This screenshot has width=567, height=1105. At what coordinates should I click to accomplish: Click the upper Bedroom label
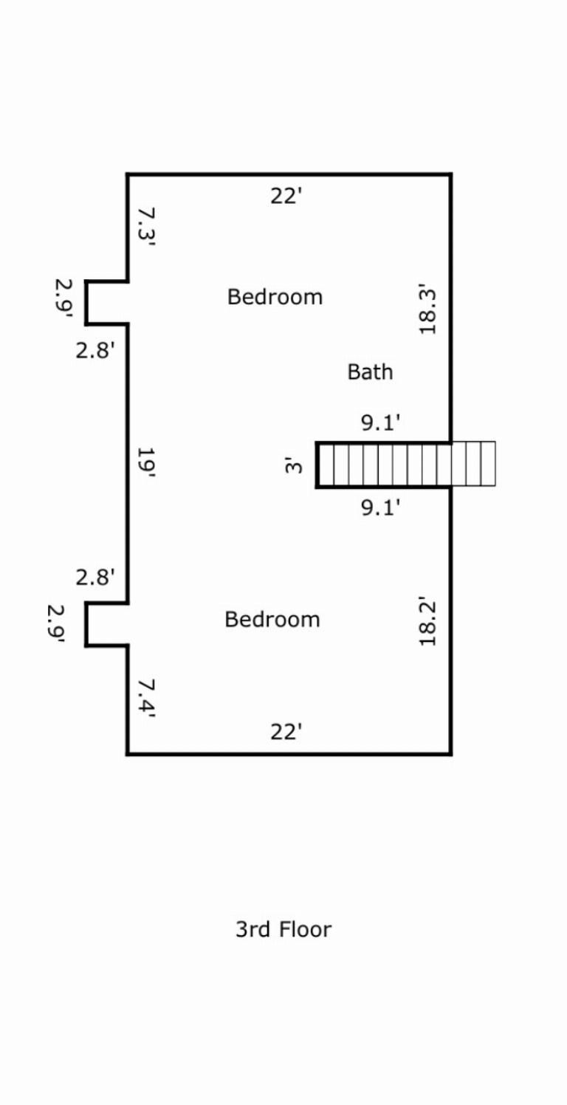click(x=275, y=297)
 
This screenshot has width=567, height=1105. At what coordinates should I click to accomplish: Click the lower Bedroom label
click(x=272, y=619)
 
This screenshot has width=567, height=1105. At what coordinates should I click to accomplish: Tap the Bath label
click(x=370, y=372)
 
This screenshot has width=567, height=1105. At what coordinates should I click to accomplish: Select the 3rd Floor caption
click(x=283, y=929)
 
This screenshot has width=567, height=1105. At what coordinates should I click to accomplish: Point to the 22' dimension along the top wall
click(x=286, y=196)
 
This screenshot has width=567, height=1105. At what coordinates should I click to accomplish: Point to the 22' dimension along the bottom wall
click(x=286, y=732)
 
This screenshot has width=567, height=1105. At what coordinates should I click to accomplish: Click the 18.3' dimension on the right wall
click(x=428, y=309)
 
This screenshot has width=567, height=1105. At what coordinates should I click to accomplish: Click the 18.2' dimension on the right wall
click(x=428, y=621)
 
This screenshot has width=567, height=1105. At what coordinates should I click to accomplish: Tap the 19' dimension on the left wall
click(x=145, y=464)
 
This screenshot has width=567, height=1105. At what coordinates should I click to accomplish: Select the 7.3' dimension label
click(x=147, y=227)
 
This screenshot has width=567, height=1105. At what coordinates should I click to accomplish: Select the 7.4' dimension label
click(x=146, y=698)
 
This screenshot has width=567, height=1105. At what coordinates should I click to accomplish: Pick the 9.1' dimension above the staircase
click(x=381, y=423)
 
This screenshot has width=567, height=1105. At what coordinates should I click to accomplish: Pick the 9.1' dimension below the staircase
click(x=381, y=508)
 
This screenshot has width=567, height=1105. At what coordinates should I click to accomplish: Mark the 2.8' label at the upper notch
click(x=95, y=350)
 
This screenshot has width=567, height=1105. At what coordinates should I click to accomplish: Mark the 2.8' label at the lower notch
click(x=95, y=577)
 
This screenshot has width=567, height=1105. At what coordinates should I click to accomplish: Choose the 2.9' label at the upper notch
click(x=63, y=298)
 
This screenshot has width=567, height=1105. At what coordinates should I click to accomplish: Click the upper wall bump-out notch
click(x=107, y=303)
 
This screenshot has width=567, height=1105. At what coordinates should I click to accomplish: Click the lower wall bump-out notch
click(x=107, y=625)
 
